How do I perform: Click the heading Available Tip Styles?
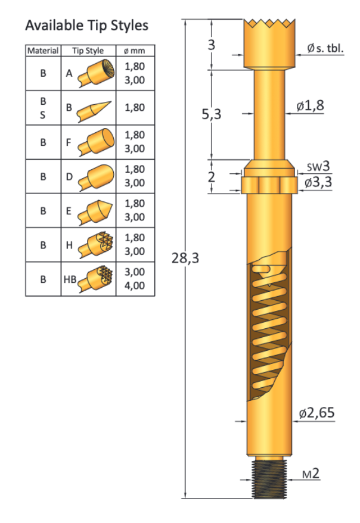pos(86,26)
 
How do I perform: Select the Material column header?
pos(43,51)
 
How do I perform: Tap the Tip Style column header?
pos(88,51)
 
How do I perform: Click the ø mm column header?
pos(134,51)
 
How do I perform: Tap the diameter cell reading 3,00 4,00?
pos(134,278)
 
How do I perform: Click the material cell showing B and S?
pos(43,108)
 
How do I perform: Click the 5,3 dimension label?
pos(212,114)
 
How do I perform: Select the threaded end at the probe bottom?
pos(270,477)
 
